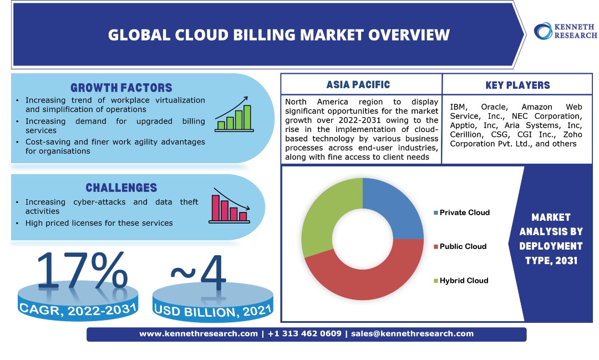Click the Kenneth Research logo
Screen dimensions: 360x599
click(x=565, y=31)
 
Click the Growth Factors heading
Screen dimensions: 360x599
click(x=121, y=88)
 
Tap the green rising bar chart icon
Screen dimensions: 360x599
click(x=234, y=113)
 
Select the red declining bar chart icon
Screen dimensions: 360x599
click(x=229, y=205)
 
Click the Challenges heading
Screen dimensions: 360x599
click(x=121, y=188)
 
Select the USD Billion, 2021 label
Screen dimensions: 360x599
click(x=213, y=311)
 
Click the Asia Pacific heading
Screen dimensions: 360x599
click(x=358, y=85)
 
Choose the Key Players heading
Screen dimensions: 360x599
click(x=517, y=85)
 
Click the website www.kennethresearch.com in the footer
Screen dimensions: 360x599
click(x=198, y=334)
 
